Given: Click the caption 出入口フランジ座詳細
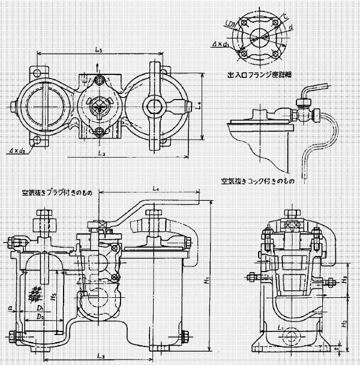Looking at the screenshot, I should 256,74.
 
